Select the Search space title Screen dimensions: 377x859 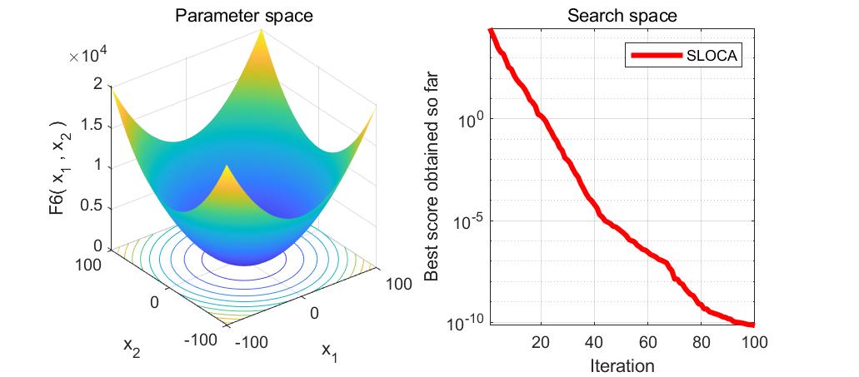pyautogui.click(x=621, y=15)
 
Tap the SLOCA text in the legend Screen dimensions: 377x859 pyautogui.click(x=712, y=57)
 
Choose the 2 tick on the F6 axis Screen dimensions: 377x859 pyautogui.click(x=98, y=84)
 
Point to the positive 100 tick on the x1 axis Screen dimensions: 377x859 pyautogui.click(x=399, y=285)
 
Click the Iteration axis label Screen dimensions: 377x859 pyautogui.click(x=621, y=365)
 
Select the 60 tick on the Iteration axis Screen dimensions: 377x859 pyautogui.click(x=647, y=342)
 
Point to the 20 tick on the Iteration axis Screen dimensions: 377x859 pyautogui.click(x=541, y=342)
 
